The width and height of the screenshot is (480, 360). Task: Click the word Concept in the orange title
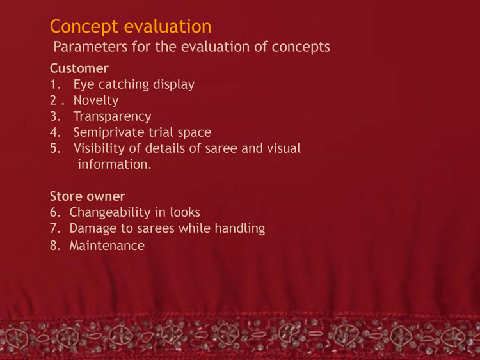84,27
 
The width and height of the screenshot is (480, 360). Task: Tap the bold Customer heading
79,68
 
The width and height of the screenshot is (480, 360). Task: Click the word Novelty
96,100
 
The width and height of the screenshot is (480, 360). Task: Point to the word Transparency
113,117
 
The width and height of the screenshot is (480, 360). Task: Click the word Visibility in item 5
99,148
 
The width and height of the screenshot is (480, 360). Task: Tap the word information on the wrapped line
115,164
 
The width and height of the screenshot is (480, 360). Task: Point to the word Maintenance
107,246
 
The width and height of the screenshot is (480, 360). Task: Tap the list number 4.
55,132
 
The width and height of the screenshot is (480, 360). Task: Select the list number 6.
55,212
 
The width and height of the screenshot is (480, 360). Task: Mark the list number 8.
55,246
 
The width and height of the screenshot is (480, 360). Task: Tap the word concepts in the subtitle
301,47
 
